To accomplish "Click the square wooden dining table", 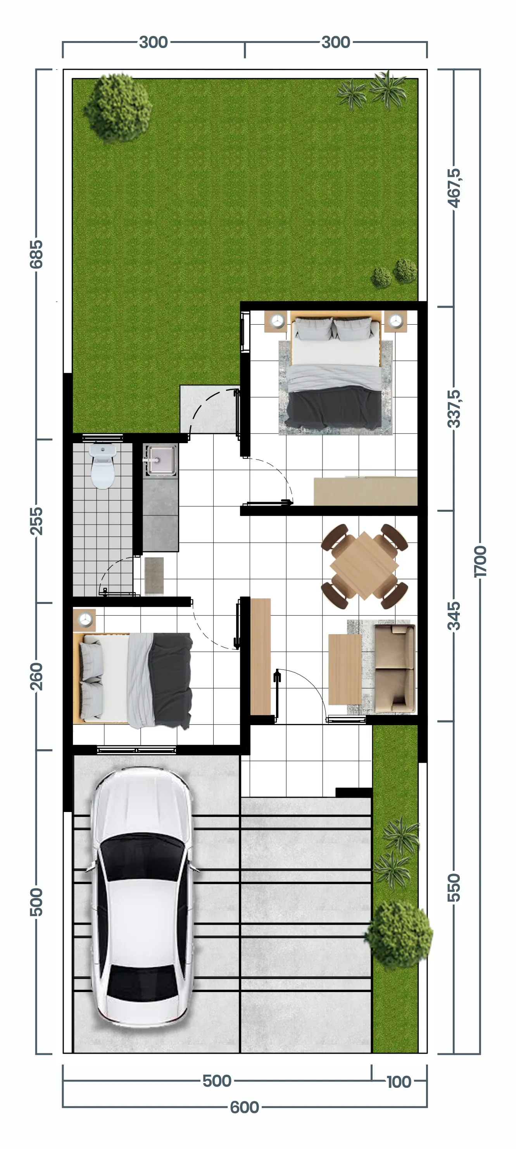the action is [x=364, y=566].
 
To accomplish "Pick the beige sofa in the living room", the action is [x=395, y=668].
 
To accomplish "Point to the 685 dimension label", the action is [x=36, y=254].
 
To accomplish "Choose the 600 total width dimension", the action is [x=244, y=1107].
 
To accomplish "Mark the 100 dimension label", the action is [x=399, y=1082].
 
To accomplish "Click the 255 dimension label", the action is [x=36, y=521].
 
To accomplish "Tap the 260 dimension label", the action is [x=36, y=676].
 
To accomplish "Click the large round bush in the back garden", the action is [x=118, y=107].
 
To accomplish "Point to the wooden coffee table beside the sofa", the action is [x=345, y=669].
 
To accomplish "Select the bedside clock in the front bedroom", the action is [x=85, y=619].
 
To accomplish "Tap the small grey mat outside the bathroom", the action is [x=154, y=575].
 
